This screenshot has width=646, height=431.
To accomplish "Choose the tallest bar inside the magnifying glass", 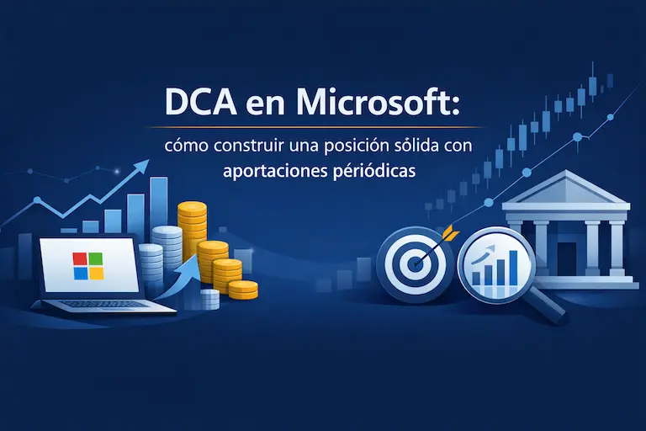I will tap(511, 267).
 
